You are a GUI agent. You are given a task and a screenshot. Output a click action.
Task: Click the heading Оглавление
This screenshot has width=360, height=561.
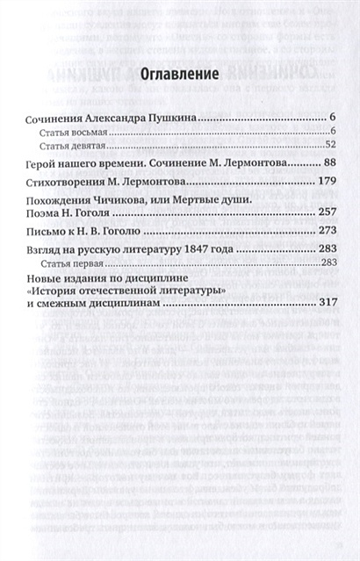179,76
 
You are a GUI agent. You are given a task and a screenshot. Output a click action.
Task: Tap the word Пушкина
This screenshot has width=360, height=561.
167,117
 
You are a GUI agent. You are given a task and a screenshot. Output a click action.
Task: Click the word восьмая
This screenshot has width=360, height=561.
92,131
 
